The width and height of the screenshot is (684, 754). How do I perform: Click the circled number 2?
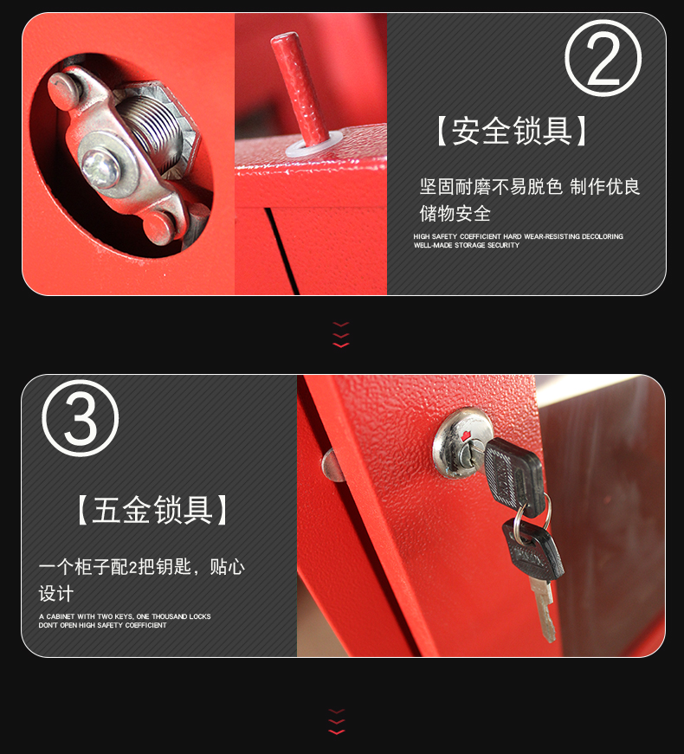(x=603, y=58)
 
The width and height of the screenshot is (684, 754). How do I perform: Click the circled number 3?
(x=80, y=418)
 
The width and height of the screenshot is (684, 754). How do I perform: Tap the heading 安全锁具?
(x=512, y=131)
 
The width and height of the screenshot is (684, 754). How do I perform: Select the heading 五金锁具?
(x=152, y=510)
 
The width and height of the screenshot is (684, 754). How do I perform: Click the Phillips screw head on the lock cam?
(x=100, y=169)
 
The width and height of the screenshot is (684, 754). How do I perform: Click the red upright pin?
(x=300, y=88)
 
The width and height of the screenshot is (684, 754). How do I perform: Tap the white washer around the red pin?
(x=314, y=144)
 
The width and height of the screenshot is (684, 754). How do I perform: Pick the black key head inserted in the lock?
(x=514, y=475)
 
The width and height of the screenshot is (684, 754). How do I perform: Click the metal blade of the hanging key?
(x=543, y=609)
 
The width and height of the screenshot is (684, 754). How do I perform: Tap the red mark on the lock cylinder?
(x=465, y=436)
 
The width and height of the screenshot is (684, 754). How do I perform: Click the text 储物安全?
(x=455, y=213)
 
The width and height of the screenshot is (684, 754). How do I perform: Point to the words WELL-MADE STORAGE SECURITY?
(x=467, y=245)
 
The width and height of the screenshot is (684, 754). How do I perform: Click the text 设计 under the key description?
(x=56, y=593)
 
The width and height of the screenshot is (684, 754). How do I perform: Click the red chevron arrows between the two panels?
(x=341, y=335)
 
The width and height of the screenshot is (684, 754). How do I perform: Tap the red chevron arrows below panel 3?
(x=337, y=721)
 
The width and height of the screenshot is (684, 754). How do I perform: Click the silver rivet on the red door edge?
(x=332, y=465)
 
